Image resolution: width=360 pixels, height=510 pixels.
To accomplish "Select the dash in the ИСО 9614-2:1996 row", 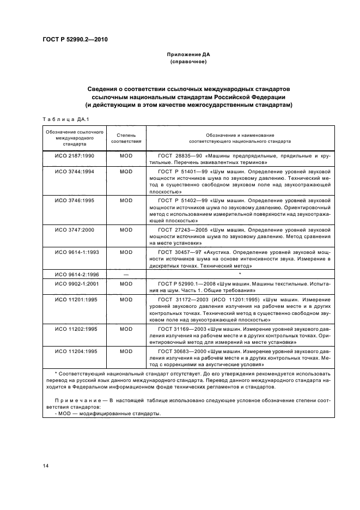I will pos(126,275).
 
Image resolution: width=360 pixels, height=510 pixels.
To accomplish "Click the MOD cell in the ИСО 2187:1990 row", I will pos(126,156).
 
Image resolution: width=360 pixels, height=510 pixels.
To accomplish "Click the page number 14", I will pos(46,464).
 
